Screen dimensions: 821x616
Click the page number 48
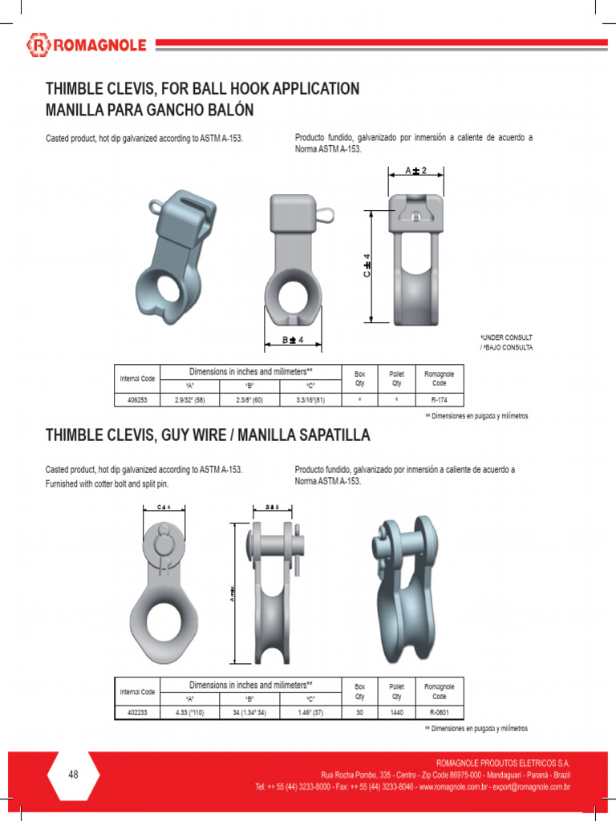click(x=74, y=774)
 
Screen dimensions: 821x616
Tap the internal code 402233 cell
click(x=136, y=710)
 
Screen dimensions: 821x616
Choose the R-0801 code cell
click(x=439, y=710)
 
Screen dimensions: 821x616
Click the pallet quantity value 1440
click(x=396, y=710)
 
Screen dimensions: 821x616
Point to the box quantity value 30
click(x=359, y=710)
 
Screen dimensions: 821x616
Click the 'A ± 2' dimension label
click(x=416, y=171)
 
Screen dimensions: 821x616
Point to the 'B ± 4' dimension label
click(x=293, y=341)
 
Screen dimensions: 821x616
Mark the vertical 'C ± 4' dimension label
click(x=366, y=266)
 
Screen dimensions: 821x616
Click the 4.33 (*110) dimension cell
click(x=190, y=710)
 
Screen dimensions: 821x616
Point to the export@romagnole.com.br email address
click(x=527, y=787)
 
